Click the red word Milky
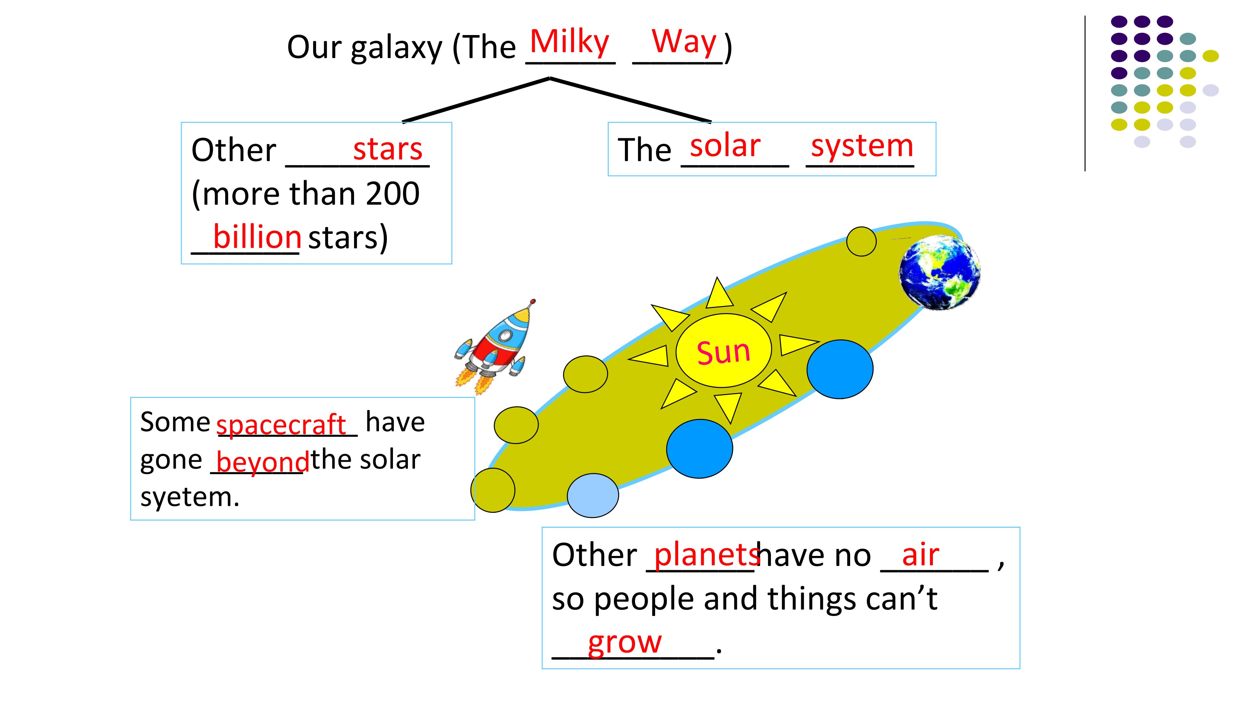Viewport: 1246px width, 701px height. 569,43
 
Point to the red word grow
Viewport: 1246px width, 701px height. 624,644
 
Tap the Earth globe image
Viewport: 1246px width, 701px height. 939,272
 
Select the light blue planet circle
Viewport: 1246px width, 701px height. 592,495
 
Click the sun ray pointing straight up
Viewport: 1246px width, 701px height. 719,294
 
